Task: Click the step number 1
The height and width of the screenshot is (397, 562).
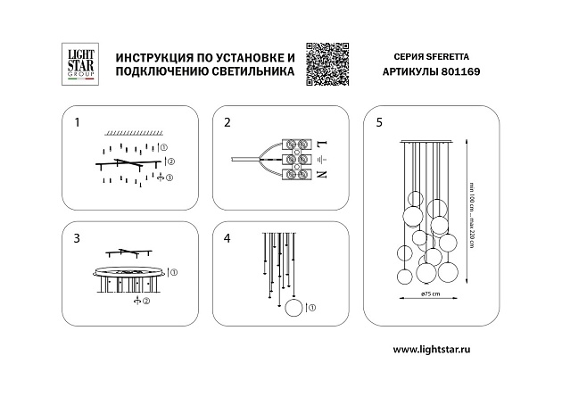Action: pos(77,120)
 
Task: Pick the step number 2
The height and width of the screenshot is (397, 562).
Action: pos(227,121)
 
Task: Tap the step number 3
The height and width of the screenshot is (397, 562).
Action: pos(77,239)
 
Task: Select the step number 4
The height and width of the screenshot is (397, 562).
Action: pos(227,239)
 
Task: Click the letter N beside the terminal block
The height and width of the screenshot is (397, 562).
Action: pos(322,176)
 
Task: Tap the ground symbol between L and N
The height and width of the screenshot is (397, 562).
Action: pos(322,160)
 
